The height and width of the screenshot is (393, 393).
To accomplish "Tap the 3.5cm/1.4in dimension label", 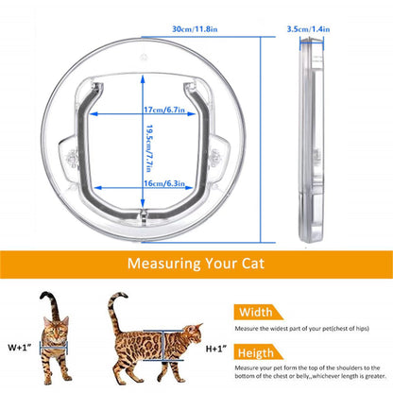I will [307, 28].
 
